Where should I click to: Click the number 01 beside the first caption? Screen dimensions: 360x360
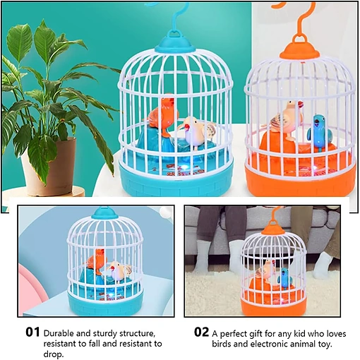pyautogui.click(x=32, y=332)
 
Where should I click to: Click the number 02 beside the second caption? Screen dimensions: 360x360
pyautogui.click(x=201, y=332)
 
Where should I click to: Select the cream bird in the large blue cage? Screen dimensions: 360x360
pyautogui.click(x=196, y=131)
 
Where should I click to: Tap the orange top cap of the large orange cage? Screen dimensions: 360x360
pyautogui.click(x=300, y=49)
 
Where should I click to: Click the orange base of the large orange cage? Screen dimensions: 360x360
pyautogui.click(x=300, y=181)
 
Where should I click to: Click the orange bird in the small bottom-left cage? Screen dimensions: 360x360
pyautogui.click(x=97, y=260)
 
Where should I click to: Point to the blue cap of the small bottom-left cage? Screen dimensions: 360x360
pyautogui.click(x=104, y=213)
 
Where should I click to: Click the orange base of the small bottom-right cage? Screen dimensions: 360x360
pyautogui.click(x=274, y=306)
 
